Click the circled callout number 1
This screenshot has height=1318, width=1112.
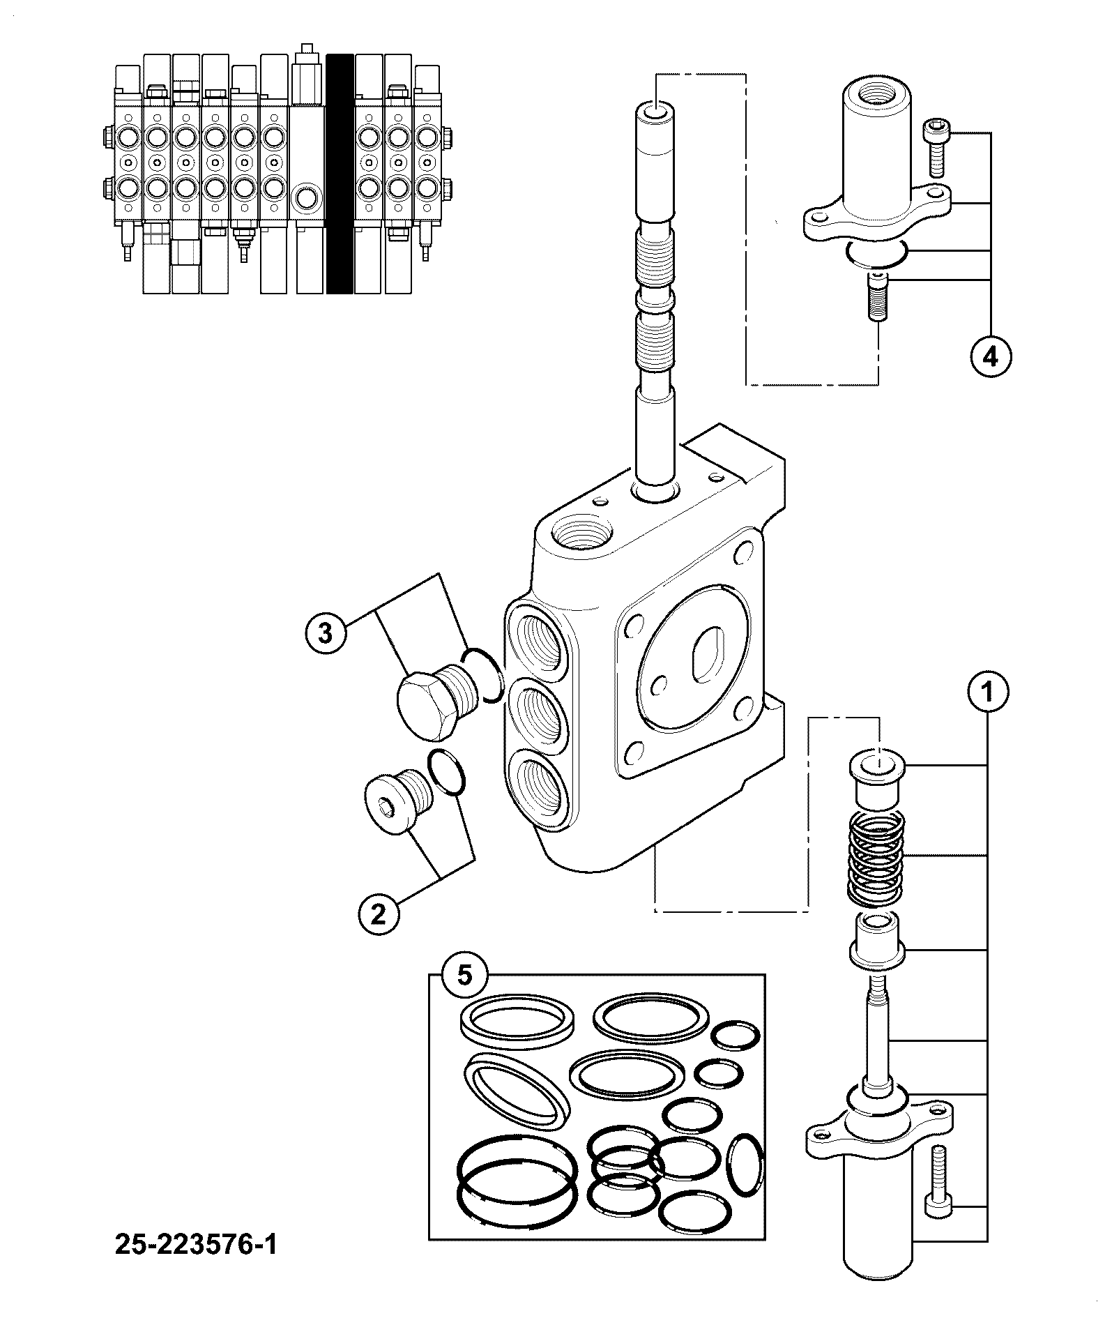pyautogui.click(x=987, y=693)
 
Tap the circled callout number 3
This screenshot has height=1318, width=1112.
pyautogui.click(x=325, y=635)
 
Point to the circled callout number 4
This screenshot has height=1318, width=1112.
pyautogui.click(x=989, y=357)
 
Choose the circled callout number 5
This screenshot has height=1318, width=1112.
pyautogui.click(x=464, y=975)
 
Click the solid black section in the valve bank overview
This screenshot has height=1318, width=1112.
pyautogui.click(x=340, y=174)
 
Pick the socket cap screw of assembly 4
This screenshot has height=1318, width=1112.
pyautogui.click(x=935, y=148)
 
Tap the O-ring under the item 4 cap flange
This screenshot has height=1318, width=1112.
pyautogui.click(x=876, y=254)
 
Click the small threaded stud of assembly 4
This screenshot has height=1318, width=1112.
pyautogui.click(x=876, y=297)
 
